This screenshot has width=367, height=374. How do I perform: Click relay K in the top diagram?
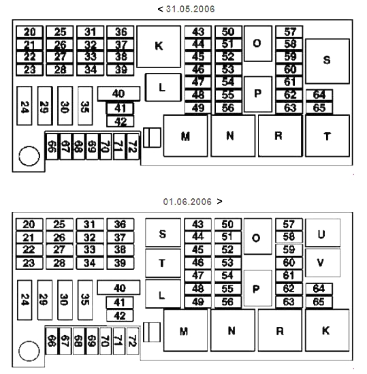point(159,46)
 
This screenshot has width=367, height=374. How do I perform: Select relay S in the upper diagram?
point(328,61)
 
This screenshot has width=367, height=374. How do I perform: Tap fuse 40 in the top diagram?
point(118,93)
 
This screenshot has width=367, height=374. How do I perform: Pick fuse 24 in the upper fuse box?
point(25,106)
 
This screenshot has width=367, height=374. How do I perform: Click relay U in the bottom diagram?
point(323,232)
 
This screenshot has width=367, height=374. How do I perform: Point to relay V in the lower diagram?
point(323,263)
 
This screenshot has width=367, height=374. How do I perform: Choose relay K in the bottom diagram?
point(328,330)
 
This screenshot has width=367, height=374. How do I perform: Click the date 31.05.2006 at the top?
point(190,9)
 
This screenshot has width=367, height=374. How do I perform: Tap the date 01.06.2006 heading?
point(187,202)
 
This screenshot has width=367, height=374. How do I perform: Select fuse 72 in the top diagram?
point(133,146)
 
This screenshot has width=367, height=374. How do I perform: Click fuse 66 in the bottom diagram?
point(52,341)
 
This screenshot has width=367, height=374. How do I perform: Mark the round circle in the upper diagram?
point(29,156)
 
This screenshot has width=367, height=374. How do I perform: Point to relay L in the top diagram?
point(163,87)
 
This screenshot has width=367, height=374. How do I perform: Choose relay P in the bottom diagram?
point(258,288)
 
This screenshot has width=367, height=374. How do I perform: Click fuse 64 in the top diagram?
point(319,95)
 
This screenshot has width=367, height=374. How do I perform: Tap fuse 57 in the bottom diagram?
point(289,224)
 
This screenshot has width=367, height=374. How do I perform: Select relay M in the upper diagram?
point(185,136)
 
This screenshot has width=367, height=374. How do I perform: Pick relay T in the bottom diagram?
point(163,264)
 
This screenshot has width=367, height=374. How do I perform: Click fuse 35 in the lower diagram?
point(85,300)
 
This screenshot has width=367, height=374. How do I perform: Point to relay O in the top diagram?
point(258,44)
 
